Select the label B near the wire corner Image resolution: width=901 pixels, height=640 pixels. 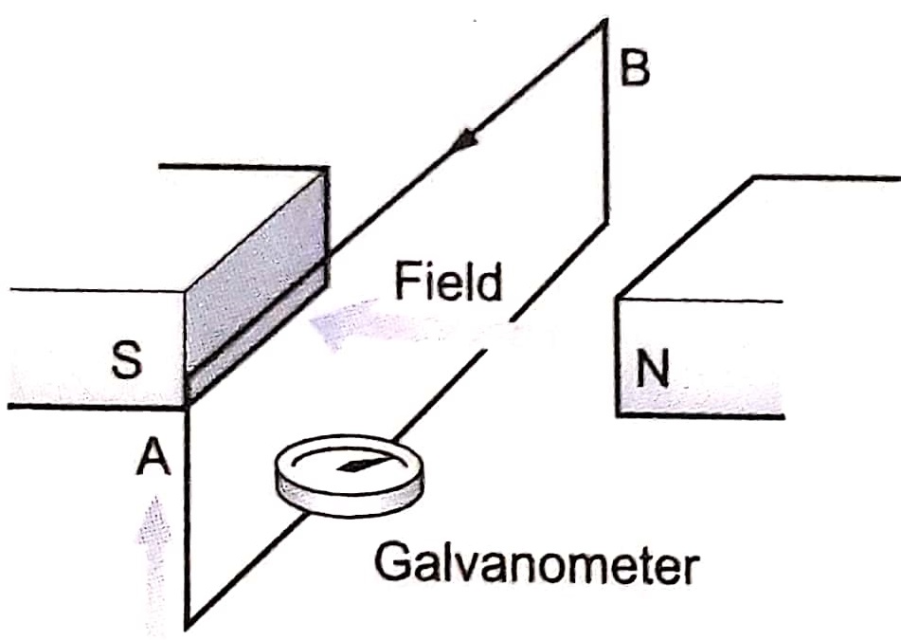pos(635,69)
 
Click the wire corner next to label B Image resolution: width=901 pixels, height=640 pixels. pos(604,21)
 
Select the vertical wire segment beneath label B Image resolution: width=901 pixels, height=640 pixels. pos(604,123)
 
